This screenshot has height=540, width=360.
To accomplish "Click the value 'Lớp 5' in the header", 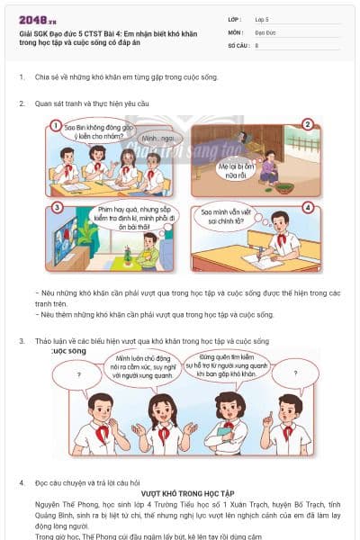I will tap(263, 18).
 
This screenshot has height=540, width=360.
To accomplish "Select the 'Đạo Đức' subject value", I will tap(265, 31).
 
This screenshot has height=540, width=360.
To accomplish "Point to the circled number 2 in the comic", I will tap(307, 125).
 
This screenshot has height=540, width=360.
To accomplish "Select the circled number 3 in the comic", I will tap(55, 207).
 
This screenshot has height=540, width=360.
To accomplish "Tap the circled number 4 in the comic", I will tap(307, 207).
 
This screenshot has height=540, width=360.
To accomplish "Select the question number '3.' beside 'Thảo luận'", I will tap(22, 341).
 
